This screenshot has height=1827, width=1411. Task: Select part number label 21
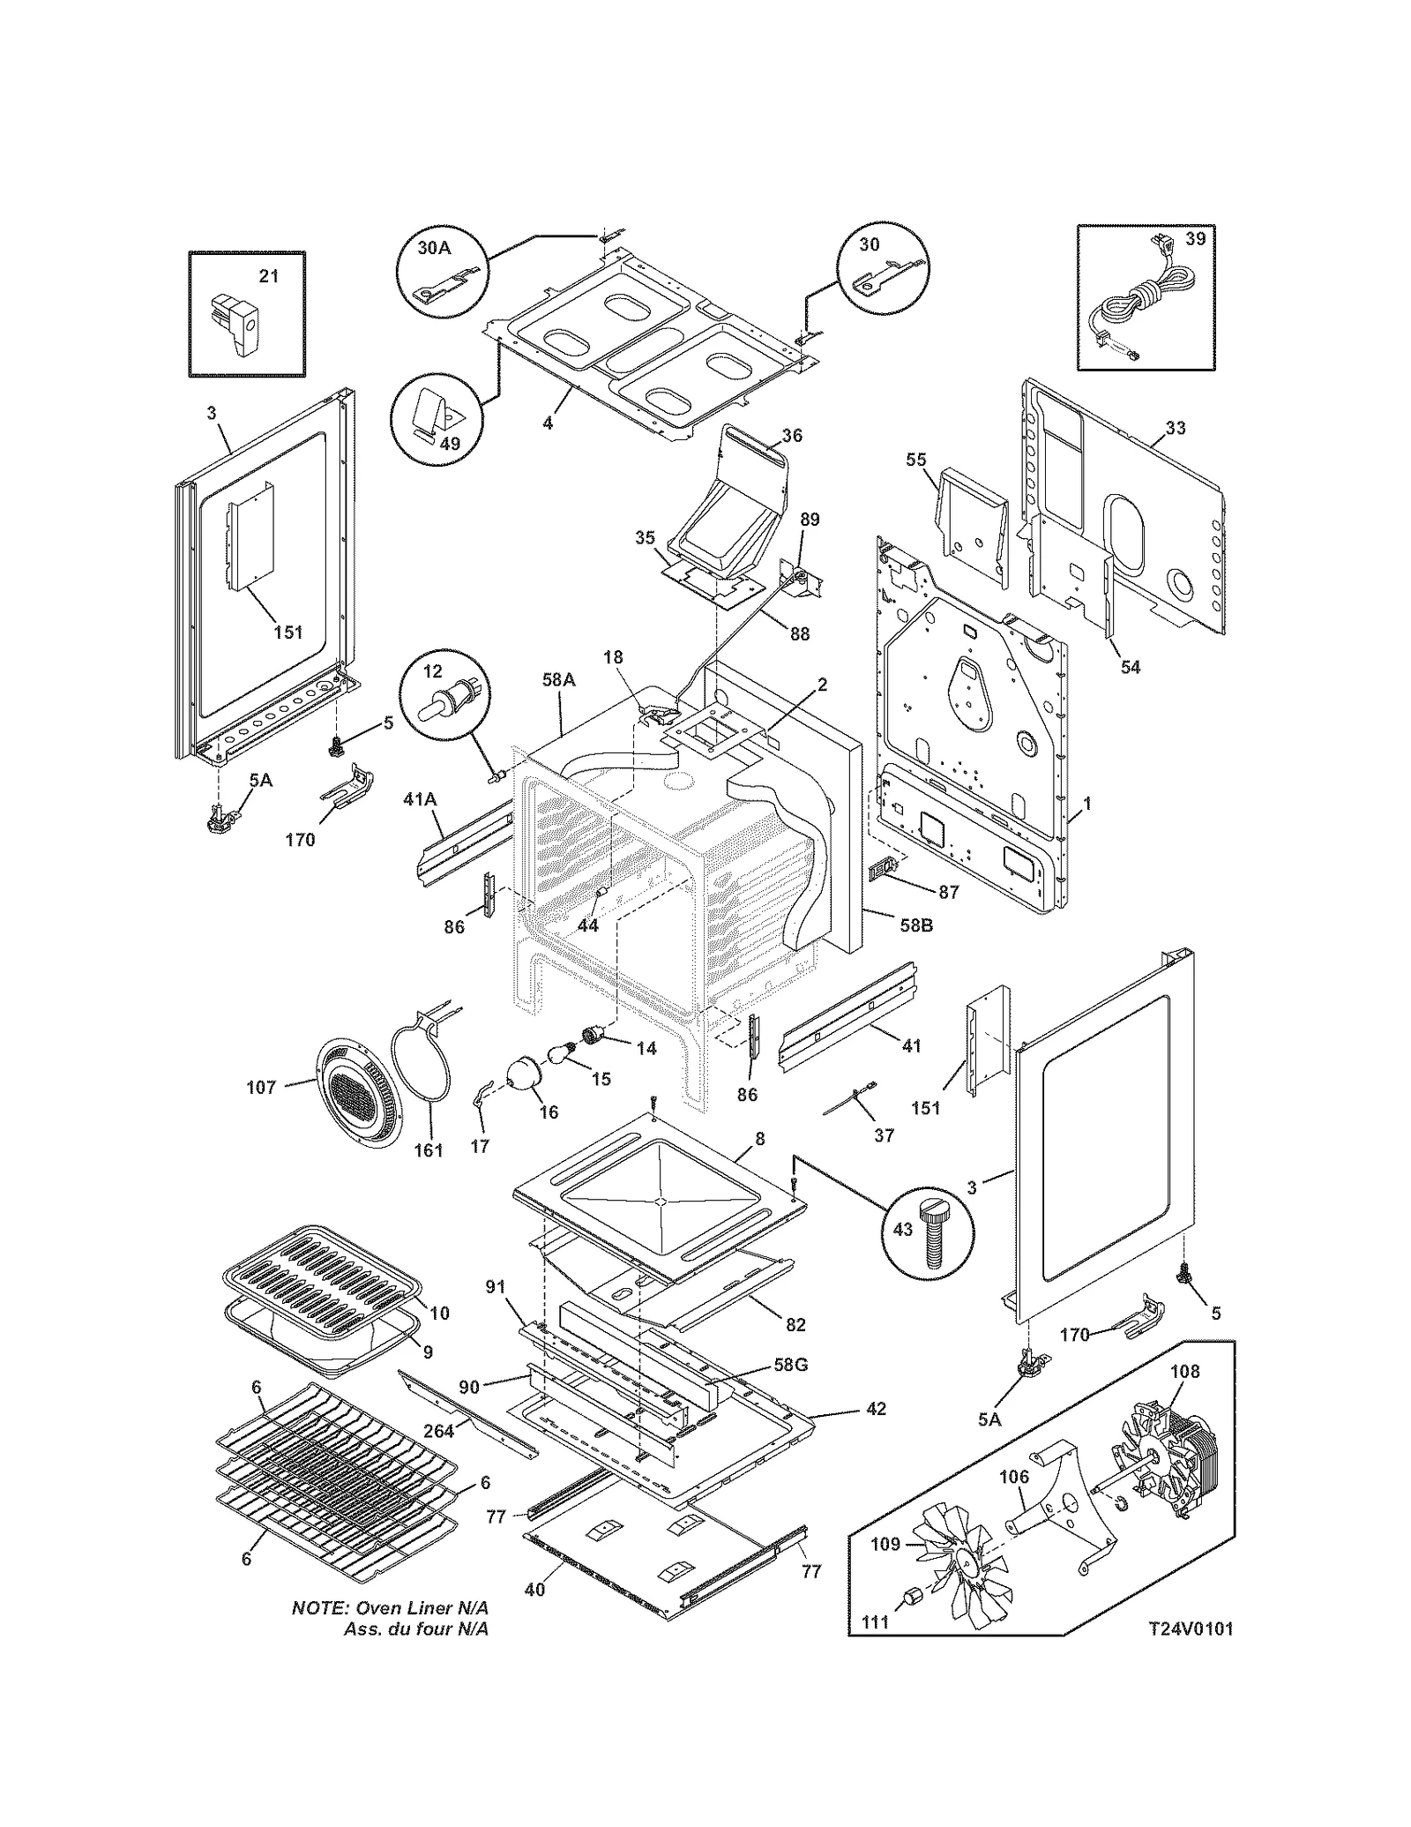click(269, 276)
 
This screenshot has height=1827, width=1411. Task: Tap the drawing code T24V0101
click(1190, 1628)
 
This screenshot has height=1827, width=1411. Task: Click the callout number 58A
click(558, 679)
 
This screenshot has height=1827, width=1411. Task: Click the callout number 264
click(438, 1431)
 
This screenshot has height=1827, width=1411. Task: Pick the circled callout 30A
click(434, 248)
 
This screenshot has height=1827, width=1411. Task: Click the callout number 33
click(1175, 428)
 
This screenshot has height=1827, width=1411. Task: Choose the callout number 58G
click(790, 1364)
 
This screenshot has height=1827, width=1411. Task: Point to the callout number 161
click(429, 1150)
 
